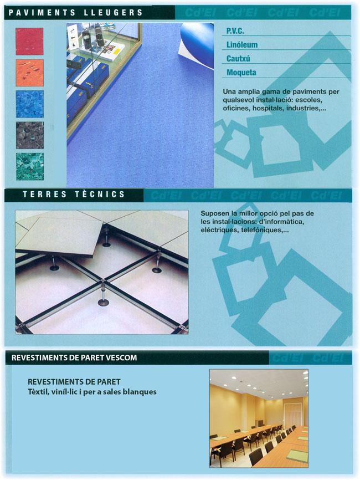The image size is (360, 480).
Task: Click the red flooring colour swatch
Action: click(29, 42)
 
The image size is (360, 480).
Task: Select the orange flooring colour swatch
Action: click(29, 73)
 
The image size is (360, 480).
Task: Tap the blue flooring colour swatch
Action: click(30, 104)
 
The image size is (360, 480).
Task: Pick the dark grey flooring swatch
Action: click(30, 135)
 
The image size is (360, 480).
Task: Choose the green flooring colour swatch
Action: click(30, 167)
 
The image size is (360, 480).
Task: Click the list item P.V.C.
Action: click(235, 31)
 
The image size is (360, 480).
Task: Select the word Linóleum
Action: click(242, 45)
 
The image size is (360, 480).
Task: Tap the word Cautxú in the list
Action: click(238, 58)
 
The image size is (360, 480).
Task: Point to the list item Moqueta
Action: click(241, 73)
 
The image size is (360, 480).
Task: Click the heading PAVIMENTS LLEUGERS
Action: click(75, 13)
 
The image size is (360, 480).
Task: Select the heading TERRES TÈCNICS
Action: click(74, 195)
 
